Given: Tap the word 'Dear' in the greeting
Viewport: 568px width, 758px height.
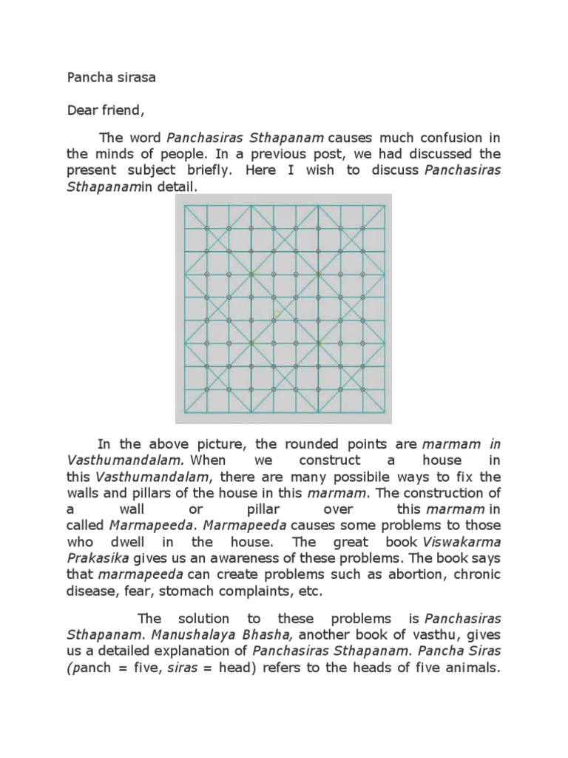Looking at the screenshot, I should pyautogui.click(x=82, y=111).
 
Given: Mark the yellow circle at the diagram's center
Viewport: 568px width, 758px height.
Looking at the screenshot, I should pyautogui.click(x=278, y=314).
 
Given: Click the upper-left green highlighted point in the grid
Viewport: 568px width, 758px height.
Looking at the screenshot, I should pyautogui.click(x=252, y=275).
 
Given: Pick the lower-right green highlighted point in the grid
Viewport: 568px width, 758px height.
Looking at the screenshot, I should pyautogui.click(x=319, y=343).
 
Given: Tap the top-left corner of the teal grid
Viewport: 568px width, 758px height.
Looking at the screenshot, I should pyautogui.click(x=184, y=206).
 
